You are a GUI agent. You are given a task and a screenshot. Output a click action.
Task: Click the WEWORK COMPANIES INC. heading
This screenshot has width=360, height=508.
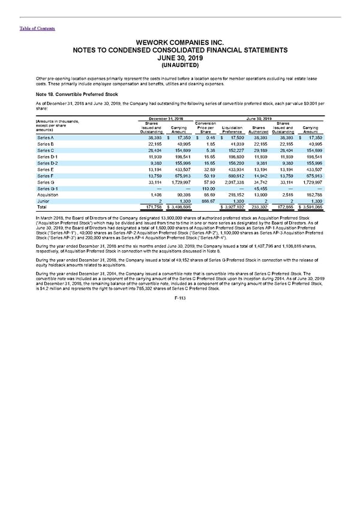(179, 43)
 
